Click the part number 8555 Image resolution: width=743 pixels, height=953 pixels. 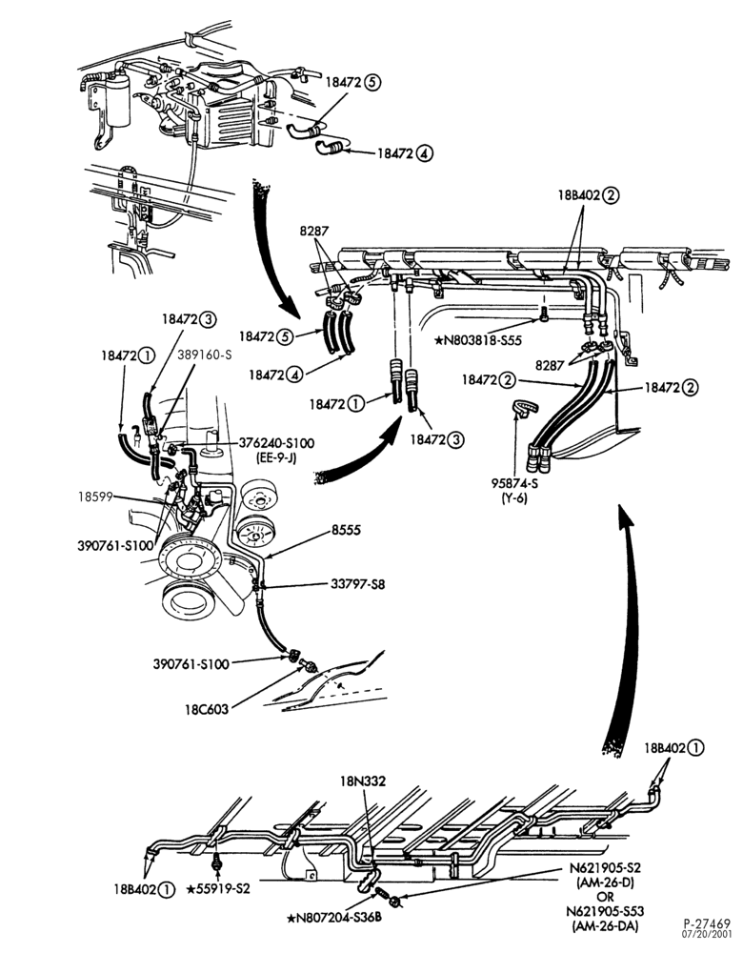click(x=346, y=530)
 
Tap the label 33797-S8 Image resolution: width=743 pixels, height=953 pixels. click(x=357, y=584)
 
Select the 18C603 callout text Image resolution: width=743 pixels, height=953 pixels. click(x=207, y=709)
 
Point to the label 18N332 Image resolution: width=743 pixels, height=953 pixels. click(x=363, y=781)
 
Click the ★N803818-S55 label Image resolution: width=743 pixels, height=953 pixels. click(x=477, y=340)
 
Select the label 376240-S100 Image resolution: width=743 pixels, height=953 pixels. click(x=276, y=443)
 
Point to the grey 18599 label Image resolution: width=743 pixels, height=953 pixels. click(x=95, y=496)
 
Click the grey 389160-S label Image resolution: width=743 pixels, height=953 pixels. click(x=205, y=355)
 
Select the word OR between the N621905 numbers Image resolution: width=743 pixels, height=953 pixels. click(x=605, y=897)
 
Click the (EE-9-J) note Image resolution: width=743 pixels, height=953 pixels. click(x=276, y=457)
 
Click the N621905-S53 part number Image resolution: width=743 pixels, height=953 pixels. click(x=605, y=911)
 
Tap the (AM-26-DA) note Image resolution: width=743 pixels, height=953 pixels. click(x=605, y=925)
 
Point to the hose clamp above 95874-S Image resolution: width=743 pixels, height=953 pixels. click(x=523, y=407)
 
